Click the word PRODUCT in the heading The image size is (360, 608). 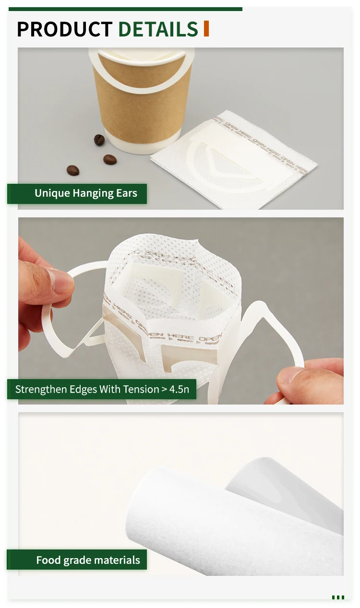click(x=64, y=29)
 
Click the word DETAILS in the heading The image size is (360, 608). click(x=158, y=29)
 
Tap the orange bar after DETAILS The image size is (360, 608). click(x=206, y=29)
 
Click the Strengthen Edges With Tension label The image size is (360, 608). click(x=102, y=389)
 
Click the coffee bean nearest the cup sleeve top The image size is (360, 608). click(x=99, y=140)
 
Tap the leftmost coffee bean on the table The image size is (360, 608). click(x=72, y=170)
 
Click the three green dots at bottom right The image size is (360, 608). click(x=338, y=597)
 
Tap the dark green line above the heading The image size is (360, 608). click(x=125, y=9)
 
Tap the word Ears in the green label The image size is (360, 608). click(x=126, y=194)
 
